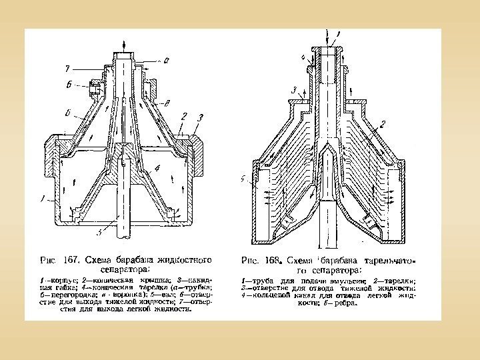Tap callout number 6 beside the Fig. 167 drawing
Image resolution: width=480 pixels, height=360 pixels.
click(69, 84)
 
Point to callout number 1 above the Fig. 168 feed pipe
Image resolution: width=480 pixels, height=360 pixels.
click(338, 31)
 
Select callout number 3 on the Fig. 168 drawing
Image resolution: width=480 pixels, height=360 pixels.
click(293, 90)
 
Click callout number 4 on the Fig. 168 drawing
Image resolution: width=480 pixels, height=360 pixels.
click(303, 58)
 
